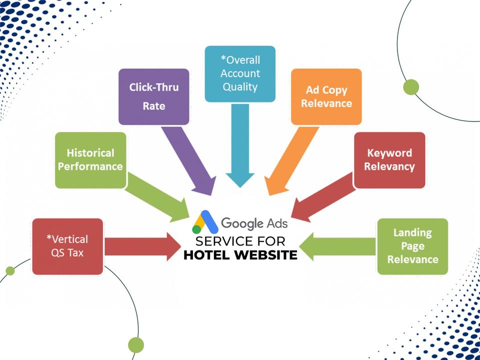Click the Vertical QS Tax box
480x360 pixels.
coord(67,246)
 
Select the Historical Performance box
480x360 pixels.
coord(90,159)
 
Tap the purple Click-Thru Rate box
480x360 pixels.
coord(153,96)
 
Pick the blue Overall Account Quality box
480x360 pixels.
coord(240,73)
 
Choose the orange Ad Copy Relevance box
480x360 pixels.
coord(326,96)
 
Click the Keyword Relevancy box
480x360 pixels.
coord(389,159)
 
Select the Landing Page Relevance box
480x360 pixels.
coord(412,246)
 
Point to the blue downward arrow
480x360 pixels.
coord(240,145)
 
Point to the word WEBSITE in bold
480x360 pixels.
coord(265,255)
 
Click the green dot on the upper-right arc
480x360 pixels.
coord(411,87)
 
